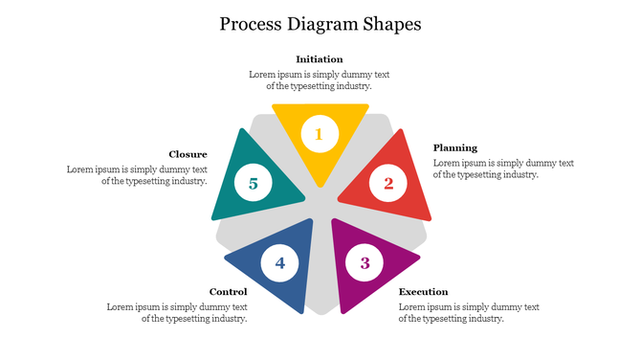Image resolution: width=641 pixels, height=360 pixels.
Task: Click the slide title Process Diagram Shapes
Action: click(x=320, y=23)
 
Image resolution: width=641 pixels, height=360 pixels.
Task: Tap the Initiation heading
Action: click(x=320, y=59)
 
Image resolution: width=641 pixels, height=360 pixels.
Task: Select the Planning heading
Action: click(x=454, y=147)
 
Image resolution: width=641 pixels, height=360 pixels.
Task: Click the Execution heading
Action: click(x=423, y=291)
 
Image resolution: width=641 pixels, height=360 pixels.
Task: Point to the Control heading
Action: click(x=228, y=291)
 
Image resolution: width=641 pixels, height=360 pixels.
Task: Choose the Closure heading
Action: click(x=188, y=154)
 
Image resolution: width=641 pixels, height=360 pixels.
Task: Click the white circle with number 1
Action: click(x=320, y=134)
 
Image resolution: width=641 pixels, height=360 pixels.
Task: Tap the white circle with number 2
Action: click(x=387, y=182)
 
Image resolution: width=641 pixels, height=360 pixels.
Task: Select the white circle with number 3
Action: click(x=365, y=262)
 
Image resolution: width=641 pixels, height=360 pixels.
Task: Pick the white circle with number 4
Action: click(x=279, y=262)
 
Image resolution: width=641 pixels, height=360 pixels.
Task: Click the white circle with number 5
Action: click(x=253, y=182)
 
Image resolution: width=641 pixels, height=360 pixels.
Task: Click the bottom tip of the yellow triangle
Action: click(x=320, y=185)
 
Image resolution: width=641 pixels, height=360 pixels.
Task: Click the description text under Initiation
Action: click(x=320, y=79)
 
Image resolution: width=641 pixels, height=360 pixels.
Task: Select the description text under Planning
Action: click(x=503, y=169)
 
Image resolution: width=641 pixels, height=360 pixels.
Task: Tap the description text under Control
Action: click(x=177, y=312)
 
